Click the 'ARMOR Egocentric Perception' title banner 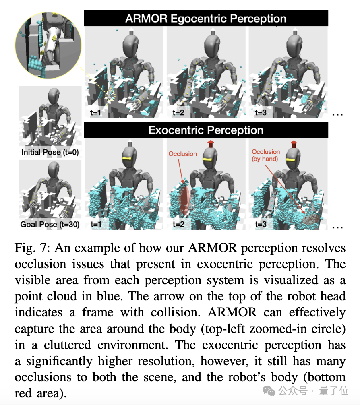pos(206,19)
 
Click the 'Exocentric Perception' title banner pos(206,130)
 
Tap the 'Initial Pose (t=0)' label pos(50,153)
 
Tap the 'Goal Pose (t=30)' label pos(50,224)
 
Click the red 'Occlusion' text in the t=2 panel pos(182,154)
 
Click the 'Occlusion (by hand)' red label pos(266,155)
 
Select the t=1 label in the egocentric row pos(95,113)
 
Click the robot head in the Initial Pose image pos(53,97)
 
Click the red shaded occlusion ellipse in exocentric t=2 pos(184,195)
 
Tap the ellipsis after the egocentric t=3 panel pos(337,114)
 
